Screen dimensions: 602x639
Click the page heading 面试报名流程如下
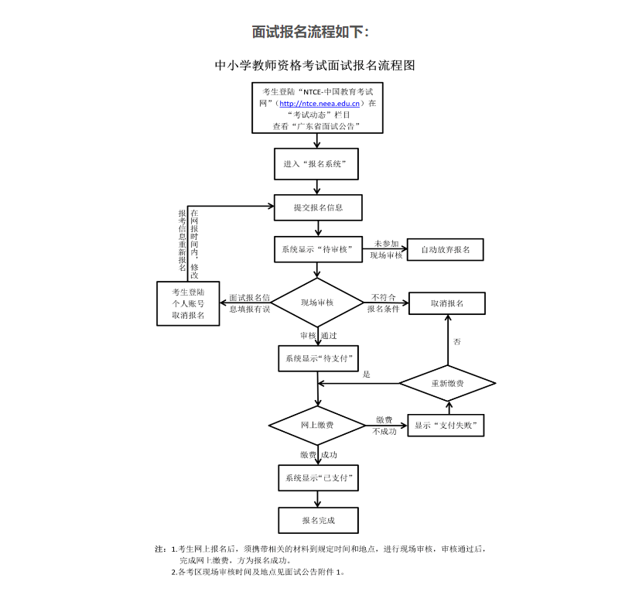click(311, 32)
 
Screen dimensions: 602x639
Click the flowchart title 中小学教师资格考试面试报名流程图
click(315, 66)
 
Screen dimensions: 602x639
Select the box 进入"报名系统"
click(317, 164)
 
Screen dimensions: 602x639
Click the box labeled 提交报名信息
click(318, 207)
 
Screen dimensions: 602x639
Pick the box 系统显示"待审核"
click(317, 249)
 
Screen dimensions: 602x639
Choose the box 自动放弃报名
click(445, 250)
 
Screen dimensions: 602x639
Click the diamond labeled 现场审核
click(317, 303)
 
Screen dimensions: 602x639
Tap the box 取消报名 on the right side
click(447, 303)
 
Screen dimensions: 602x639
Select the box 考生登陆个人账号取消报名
click(188, 303)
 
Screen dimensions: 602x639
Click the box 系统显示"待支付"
click(317, 358)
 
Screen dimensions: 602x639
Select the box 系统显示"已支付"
click(317, 478)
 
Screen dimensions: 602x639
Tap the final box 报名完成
click(319, 520)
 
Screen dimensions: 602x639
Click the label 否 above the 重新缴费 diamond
click(457, 341)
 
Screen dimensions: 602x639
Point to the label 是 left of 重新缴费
click(367, 375)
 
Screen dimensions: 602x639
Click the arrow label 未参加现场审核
click(386, 249)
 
